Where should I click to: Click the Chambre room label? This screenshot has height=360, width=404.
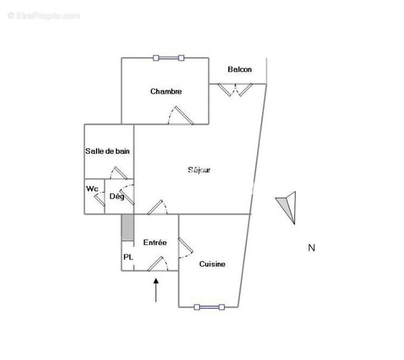coord(166,91)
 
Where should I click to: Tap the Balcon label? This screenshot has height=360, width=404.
coord(240,69)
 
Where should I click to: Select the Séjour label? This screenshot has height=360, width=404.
coord(199,170)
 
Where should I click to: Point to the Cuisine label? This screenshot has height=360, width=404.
coord(212,264)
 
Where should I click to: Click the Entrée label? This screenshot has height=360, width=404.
coord(155,242)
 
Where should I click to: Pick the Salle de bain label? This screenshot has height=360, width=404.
coord(107,151)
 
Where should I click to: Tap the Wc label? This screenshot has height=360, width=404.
coord(92,188)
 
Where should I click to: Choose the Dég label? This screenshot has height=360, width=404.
coord(117,196)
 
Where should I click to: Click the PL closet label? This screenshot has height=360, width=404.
coord(128,257)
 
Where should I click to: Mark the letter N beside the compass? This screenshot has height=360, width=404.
coord(311,248)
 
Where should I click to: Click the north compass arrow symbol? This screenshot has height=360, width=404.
coord(287,207)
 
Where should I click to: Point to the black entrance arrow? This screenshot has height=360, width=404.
coord(156,290)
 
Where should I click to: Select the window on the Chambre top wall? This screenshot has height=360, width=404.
coord(169,58)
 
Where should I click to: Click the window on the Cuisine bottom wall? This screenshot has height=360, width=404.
coord(209,307)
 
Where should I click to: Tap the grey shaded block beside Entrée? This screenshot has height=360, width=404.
coord(127,227)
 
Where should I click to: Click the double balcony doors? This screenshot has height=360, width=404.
coord(235,90)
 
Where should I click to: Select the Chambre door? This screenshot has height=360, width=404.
coord(181,116)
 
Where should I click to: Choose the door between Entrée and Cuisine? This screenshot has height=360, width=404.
coord(185,248)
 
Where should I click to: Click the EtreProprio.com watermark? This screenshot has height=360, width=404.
coord(44,16)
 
